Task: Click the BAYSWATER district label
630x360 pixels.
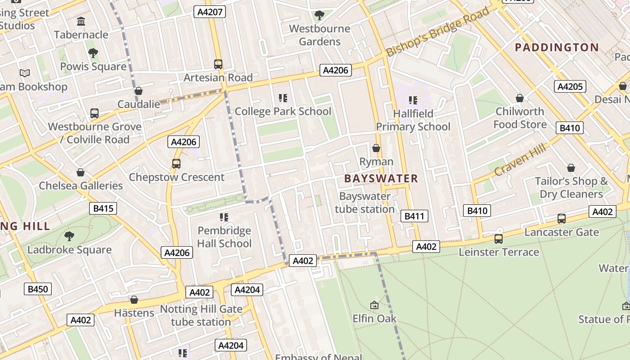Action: (x=381, y=179)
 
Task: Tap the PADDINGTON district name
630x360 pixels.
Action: (x=557, y=47)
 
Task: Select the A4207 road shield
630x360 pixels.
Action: (x=210, y=12)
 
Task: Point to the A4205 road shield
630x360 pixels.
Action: (x=570, y=86)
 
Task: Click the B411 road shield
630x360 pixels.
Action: (x=414, y=216)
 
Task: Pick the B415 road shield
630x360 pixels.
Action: (x=103, y=208)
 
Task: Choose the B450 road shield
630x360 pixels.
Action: (x=38, y=289)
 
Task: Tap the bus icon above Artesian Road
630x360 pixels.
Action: (x=218, y=64)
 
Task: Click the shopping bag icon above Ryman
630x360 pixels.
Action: (x=376, y=148)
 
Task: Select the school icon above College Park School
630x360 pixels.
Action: (x=283, y=98)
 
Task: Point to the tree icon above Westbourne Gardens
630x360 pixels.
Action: (x=319, y=16)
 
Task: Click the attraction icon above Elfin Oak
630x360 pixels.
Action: (x=374, y=305)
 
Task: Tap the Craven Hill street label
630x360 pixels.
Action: (x=520, y=160)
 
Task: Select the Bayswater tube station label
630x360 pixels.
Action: (x=364, y=202)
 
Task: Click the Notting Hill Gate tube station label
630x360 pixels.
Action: (x=201, y=315)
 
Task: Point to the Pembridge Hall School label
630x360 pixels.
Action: (x=224, y=237)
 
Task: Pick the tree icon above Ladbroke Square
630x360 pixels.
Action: (x=69, y=236)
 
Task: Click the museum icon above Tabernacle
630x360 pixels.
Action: (x=81, y=21)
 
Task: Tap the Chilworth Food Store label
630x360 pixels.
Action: (x=520, y=118)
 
